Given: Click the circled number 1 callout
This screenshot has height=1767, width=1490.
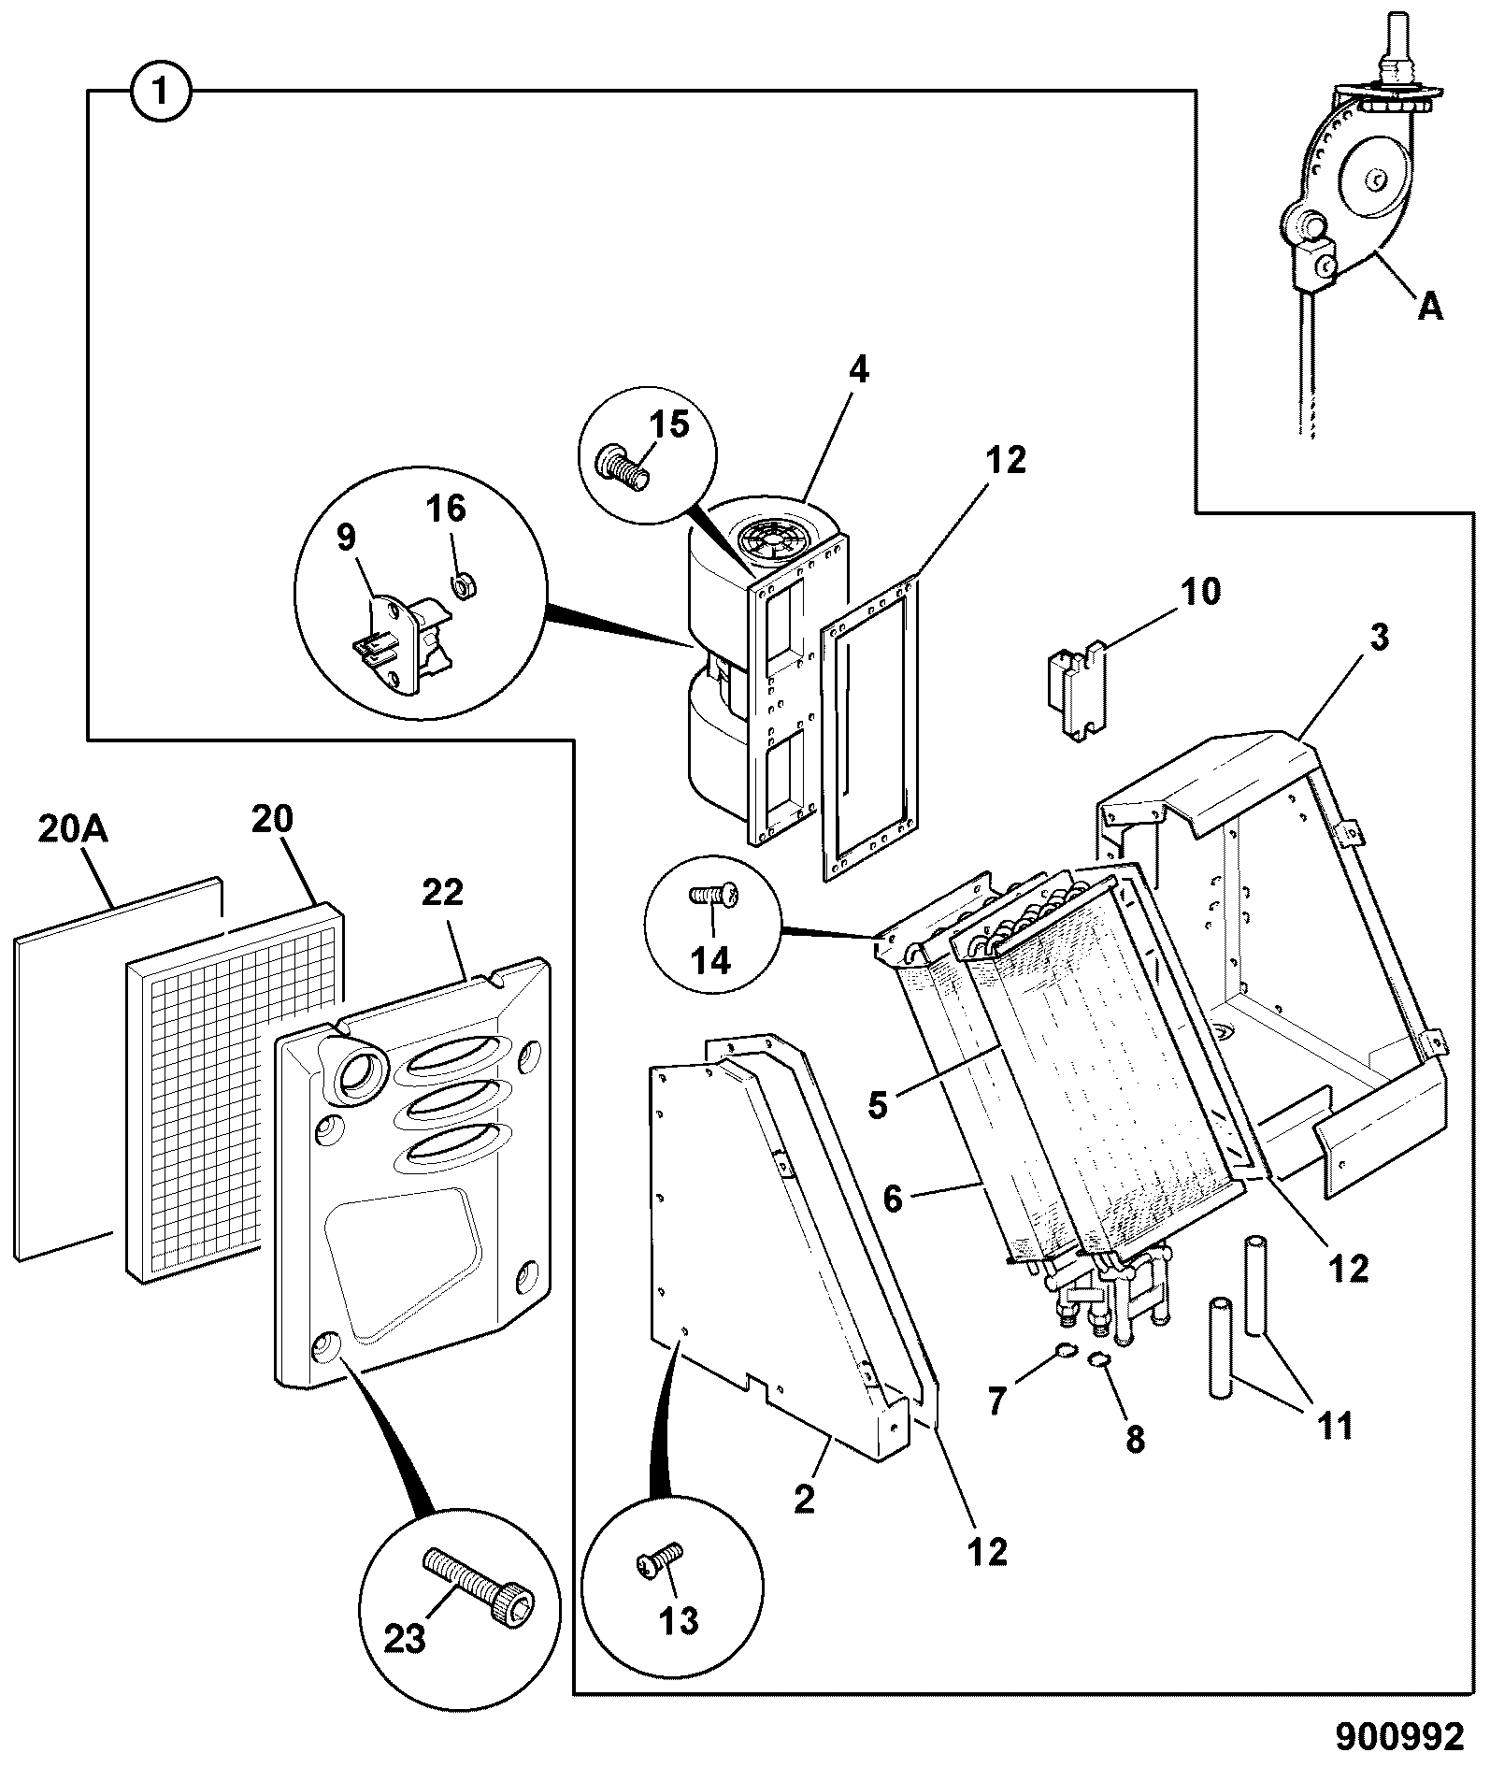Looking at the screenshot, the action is click(161, 92).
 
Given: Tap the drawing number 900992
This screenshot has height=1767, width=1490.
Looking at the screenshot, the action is click(1398, 1736).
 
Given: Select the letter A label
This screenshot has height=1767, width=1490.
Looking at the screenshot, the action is click(1429, 306).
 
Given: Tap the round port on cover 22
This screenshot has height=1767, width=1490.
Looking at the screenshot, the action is click(355, 1070).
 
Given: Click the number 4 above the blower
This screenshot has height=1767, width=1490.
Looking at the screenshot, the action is click(858, 371).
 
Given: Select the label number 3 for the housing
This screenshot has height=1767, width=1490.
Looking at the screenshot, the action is click(1380, 639).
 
